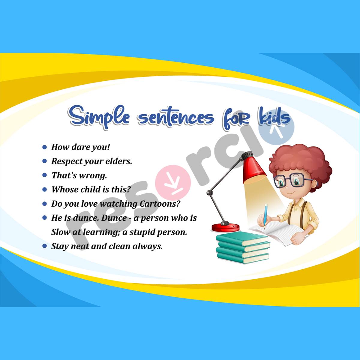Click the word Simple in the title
point(99,117)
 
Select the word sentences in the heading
point(176,118)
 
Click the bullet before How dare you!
point(45,147)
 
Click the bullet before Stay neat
point(45,246)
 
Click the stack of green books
point(243,247)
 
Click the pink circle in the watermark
point(175,184)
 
